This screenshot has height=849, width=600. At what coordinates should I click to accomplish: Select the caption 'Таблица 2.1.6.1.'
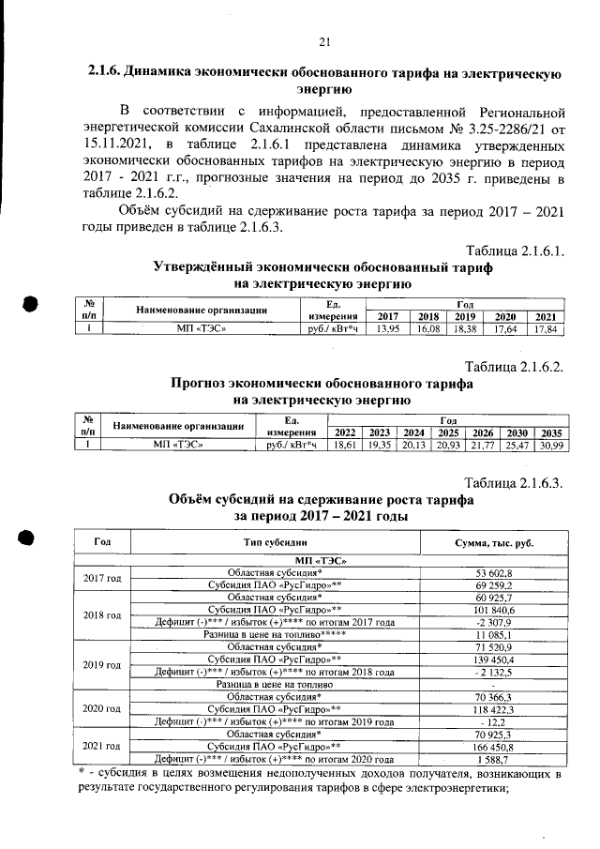coord(515,250)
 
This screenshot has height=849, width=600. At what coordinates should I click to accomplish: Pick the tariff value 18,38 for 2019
coord(466,329)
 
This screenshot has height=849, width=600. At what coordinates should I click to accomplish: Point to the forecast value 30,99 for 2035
coord(549,447)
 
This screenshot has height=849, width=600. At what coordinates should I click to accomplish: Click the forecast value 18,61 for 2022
coord(346,447)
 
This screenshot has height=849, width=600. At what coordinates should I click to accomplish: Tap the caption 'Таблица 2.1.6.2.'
coord(515,367)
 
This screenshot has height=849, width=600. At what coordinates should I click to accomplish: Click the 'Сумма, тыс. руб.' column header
coord(493,543)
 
